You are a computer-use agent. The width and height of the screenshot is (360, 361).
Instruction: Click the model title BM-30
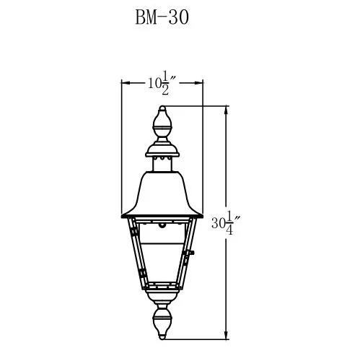coord(162,17)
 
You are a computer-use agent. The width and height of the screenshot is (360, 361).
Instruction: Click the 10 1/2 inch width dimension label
coord(162,84)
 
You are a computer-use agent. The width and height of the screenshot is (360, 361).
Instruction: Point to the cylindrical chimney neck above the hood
coord(162,165)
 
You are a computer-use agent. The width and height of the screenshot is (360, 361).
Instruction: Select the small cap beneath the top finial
coord(162,150)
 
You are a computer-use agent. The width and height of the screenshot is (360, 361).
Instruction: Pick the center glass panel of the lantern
coord(162,253)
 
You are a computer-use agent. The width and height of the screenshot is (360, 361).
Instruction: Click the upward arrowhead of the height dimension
coord(229,110)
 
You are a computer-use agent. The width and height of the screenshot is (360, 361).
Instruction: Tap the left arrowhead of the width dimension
coord(124,84)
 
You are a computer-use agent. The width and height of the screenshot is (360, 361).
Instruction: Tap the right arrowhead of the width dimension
coord(199,84)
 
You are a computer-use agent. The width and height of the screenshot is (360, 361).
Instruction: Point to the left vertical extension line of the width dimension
coord(120,144)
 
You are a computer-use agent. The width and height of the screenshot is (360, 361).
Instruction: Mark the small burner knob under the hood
coord(162,225)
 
